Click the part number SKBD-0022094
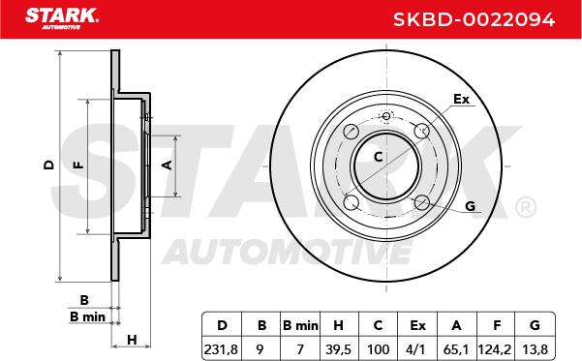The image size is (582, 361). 474,19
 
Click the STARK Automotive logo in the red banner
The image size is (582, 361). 62,18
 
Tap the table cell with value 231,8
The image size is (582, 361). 221,349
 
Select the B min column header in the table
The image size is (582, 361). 300,325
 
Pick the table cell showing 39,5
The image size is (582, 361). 339,349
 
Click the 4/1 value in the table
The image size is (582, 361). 417,349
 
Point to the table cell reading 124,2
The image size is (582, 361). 495,349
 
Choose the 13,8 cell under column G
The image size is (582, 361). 535,349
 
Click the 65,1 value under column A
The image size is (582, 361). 456,349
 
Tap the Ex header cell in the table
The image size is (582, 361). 417,325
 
